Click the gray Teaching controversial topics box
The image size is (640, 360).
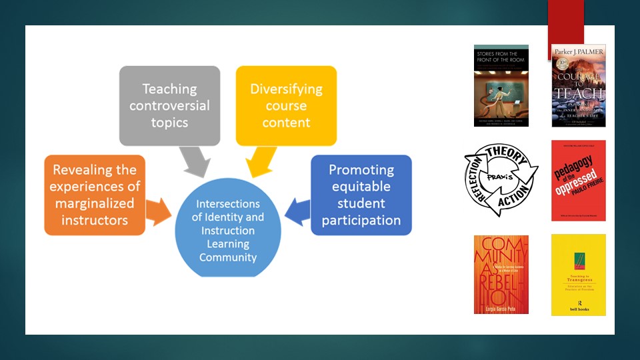(169, 105)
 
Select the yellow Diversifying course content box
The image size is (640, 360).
(286, 105)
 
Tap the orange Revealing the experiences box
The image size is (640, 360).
(95, 195)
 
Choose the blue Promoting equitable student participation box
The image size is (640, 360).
(361, 195)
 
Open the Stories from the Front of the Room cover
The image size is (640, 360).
(501, 86)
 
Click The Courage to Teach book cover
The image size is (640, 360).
(579, 86)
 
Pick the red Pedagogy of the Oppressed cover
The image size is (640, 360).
(579, 180)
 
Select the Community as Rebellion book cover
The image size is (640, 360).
(501, 274)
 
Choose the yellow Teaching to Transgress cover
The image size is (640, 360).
(579, 274)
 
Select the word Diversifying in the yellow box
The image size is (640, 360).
(286, 89)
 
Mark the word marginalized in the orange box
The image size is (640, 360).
(95, 203)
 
